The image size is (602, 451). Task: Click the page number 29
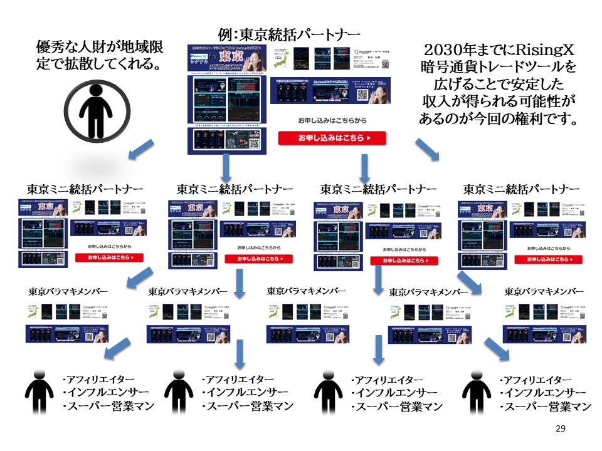(x=561, y=428)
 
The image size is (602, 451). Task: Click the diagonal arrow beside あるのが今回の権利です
(x=428, y=151)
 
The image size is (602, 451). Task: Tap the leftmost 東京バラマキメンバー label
(x=68, y=291)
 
